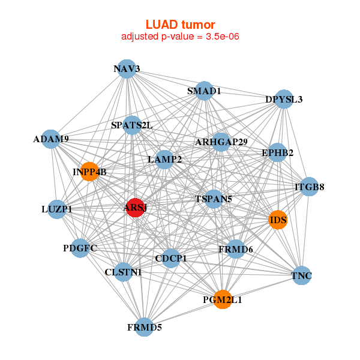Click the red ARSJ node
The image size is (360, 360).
(136, 208)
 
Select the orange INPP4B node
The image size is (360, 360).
(89, 172)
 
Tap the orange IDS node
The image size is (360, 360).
(278, 220)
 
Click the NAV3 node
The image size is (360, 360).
(126, 69)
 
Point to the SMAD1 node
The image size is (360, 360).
(205, 91)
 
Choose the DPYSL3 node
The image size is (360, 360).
(284, 99)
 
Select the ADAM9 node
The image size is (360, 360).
(52, 139)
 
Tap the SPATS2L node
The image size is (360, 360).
(132, 125)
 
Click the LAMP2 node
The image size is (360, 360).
(164, 159)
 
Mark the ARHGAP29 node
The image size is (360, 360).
(221, 142)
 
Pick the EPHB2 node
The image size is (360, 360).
(277, 153)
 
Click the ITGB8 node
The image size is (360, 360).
(309, 187)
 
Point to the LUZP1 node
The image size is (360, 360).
(57, 209)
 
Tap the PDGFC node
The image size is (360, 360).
(80, 248)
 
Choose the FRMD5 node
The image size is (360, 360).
(145, 327)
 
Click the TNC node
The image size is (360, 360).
(301, 275)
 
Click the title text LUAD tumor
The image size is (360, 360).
(180, 25)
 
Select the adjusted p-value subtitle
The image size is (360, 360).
(181, 37)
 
